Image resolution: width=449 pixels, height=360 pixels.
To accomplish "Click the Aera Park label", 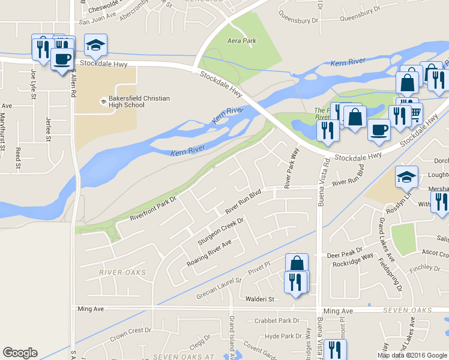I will pos(242,41).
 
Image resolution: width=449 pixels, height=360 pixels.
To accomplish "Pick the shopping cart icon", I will pos(414,114).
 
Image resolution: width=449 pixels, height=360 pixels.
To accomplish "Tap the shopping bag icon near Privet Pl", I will pos(297,263).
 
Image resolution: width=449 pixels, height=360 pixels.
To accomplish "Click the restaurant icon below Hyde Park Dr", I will pos(333,349).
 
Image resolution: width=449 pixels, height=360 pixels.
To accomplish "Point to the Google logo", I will pos(20,353).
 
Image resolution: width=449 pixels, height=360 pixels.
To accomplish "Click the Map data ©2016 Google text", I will pos(412,355).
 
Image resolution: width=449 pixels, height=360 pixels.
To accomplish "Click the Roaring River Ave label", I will pos(209,253).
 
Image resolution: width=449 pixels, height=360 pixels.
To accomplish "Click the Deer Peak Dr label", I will pos(345,255).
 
